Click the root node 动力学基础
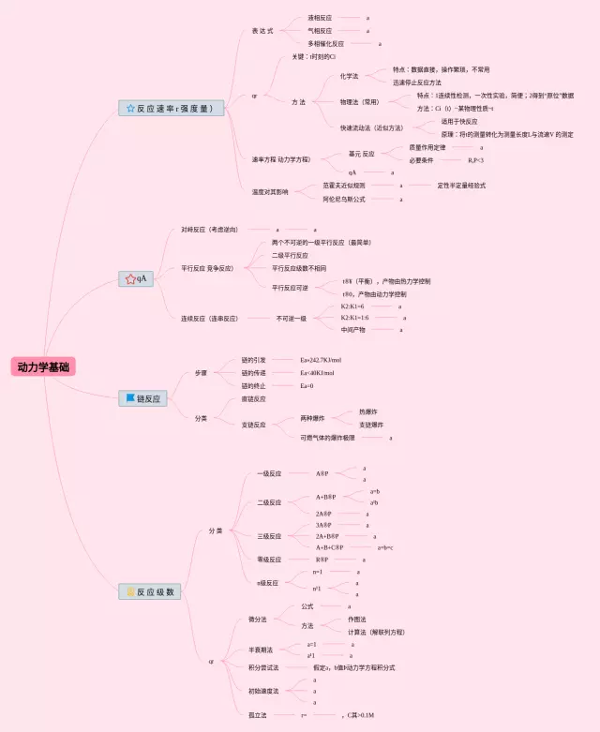pyautogui.click(x=43, y=367)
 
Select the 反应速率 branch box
pyautogui.click(x=171, y=109)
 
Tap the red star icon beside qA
pyautogui.click(x=130, y=278)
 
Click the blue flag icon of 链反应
pyautogui.click(x=130, y=398)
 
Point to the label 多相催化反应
pyautogui.click(x=325, y=43)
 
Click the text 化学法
pyautogui.click(x=349, y=76)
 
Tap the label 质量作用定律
pyautogui.click(x=433, y=147)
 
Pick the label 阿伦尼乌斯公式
pyautogui.click(x=344, y=199)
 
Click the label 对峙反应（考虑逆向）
pyautogui.click(x=209, y=229)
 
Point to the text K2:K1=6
pyautogui.click(x=352, y=306)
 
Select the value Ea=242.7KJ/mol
pyautogui.click(x=321, y=360)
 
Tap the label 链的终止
pyautogui.click(x=254, y=385)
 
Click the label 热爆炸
pyautogui.click(x=368, y=411)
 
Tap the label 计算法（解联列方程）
pyautogui.click(x=376, y=632)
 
